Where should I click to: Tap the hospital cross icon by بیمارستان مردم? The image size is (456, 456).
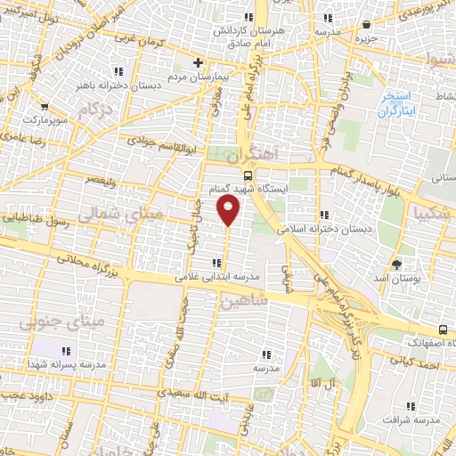click(x=199, y=63)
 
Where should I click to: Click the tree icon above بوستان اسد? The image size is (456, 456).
click(x=397, y=265)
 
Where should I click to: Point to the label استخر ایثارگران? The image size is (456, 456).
click(x=391, y=103)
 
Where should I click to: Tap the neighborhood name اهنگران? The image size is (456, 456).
click(x=259, y=154)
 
